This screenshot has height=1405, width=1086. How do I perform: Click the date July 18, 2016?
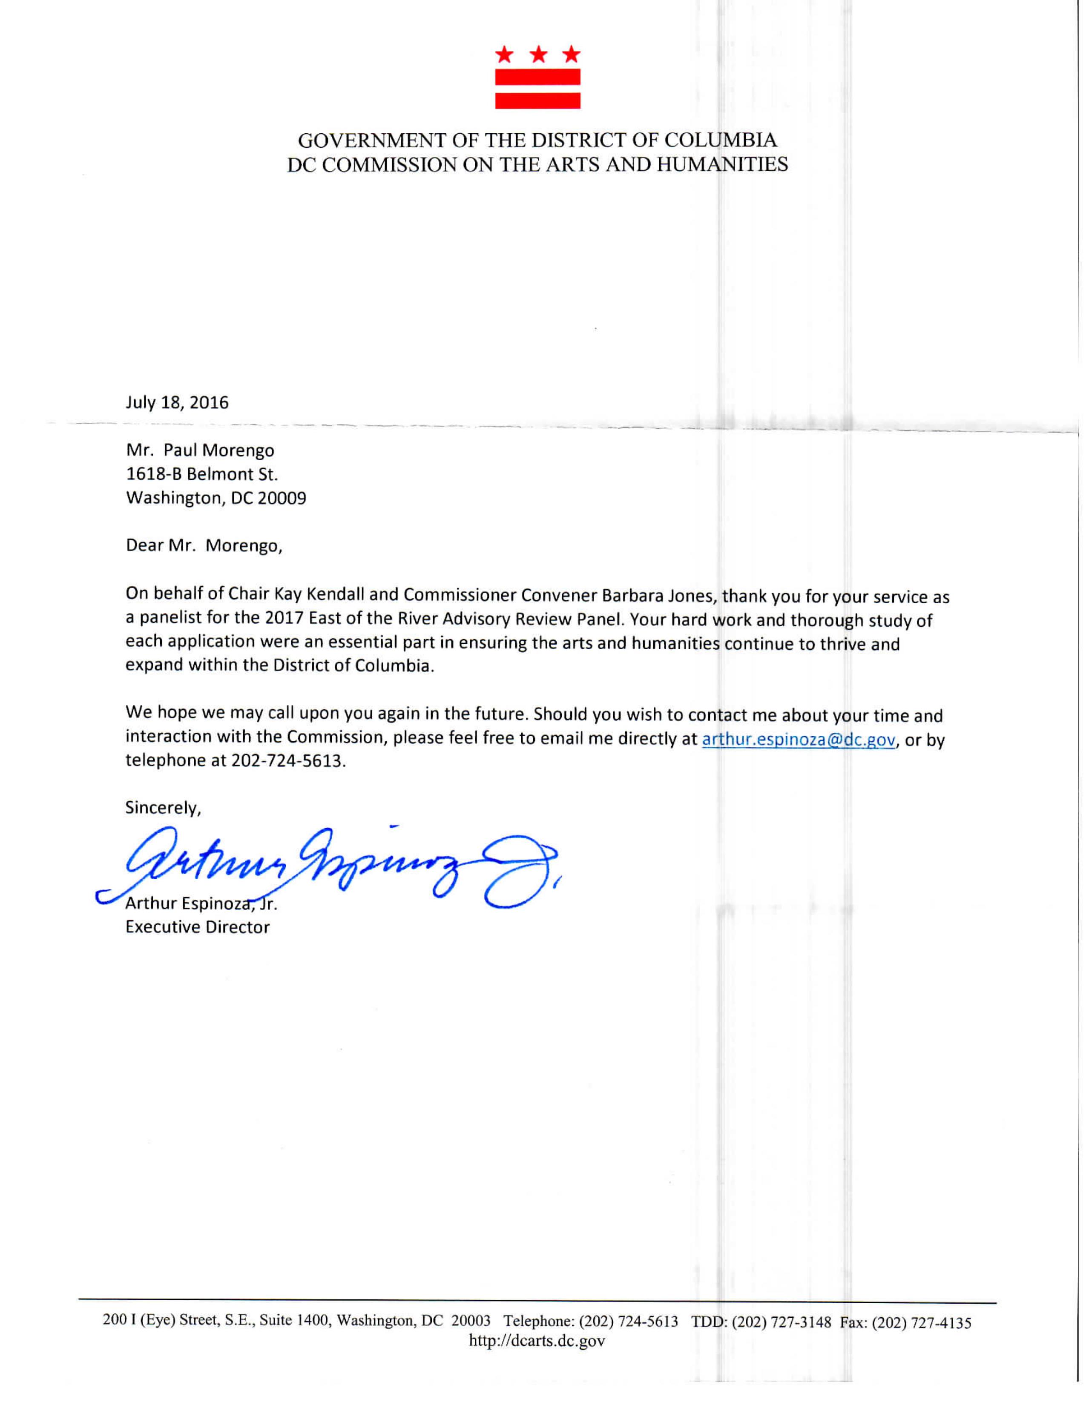point(177,403)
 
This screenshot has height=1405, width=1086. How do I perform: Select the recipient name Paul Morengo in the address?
point(219,450)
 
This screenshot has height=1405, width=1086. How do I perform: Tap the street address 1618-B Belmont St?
point(201,474)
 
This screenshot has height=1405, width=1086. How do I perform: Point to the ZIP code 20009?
point(282,498)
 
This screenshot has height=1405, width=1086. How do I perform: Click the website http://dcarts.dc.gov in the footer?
point(537,1341)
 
